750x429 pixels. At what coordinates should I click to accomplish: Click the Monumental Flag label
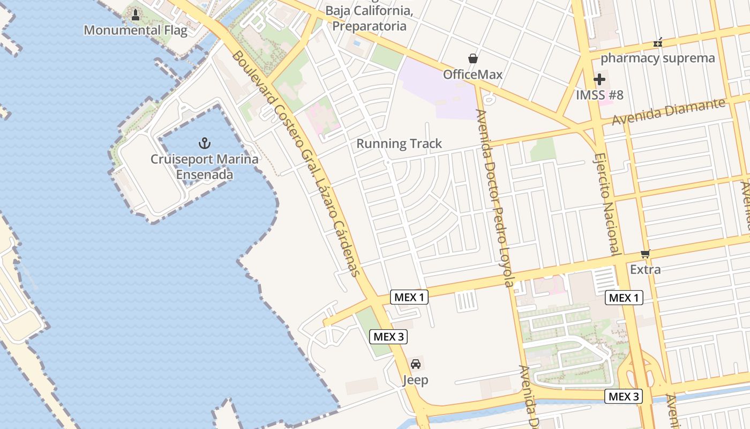click(x=136, y=30)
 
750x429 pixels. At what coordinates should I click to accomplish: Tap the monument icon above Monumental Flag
click(x=136, y=15)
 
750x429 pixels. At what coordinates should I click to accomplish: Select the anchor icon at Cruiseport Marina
click(x=204, y=143)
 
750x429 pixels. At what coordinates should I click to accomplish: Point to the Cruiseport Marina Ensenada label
click(x=204, y=167)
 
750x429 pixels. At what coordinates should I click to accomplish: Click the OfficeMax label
click(x=472, y=75)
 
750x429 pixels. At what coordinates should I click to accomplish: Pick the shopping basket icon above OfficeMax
click(x=472, y=58)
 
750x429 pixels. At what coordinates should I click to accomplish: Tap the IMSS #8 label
click(x=599, y=95)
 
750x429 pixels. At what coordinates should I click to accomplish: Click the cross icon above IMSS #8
click(x=599, y=80)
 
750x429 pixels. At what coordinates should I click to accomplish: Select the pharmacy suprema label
click(x=658, y=58)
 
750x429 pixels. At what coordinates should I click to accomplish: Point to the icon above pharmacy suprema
click(x=658, y=42)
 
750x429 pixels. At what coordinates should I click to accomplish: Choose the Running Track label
click(x=399, y=144)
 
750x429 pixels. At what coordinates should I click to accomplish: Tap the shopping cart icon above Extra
click(x=646, y=254)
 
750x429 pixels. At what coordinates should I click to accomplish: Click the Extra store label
click(x=646, y=269)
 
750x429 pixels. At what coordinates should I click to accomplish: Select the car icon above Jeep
click(x=416, y=364)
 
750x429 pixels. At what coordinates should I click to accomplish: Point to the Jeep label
click(x=416, y=380)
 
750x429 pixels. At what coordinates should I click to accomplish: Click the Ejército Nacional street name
click(x=607, y=204)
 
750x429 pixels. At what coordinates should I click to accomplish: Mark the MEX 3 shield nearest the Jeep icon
click(x=388, y=337)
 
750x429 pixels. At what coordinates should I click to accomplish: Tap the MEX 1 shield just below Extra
click(x=624, y=298)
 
